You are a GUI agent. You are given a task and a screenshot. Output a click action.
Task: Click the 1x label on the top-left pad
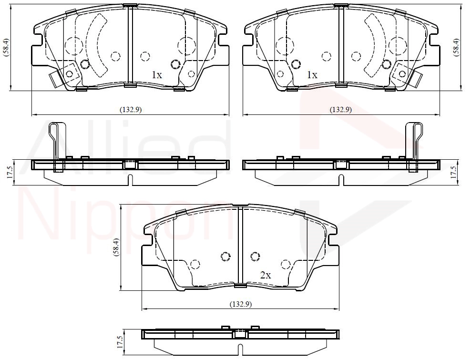(x=156, y=75)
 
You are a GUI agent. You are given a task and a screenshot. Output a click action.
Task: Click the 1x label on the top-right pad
(x=312, y=75)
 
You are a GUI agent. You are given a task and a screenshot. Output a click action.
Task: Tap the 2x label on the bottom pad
(x=266, y=275)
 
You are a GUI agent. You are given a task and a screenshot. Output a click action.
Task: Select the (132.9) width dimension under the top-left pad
(x=130, y=110)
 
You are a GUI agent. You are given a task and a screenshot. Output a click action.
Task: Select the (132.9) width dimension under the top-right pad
(x=341, y=110)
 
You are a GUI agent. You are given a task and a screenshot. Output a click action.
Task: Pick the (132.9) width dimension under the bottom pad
(x=241, y=304)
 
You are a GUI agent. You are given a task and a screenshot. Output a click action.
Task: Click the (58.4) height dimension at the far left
(x=6, y=47)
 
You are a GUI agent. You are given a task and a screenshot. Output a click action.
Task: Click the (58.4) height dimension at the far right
(x=457, y=47)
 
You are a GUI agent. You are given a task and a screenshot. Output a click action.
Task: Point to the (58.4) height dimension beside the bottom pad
(x=116, y=247)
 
